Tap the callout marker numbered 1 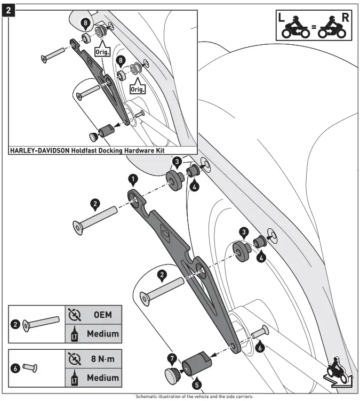pos(133,179)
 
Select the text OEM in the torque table pos(102,315)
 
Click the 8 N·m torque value pos(102,359)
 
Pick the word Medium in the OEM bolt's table pos(102,334)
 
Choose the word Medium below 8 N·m pos(102,378)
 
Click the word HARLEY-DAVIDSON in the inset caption pos(42,151)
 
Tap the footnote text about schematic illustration pos(194,396)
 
